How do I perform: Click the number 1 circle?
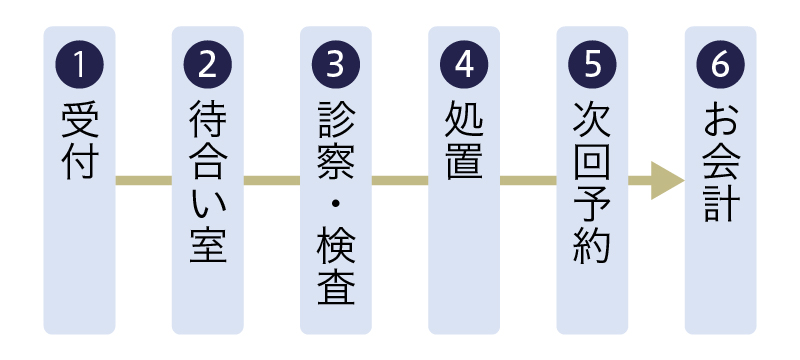[x=80, y=64]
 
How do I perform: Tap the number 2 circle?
[x=208, y=64]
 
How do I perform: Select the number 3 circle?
[x=336, y=64]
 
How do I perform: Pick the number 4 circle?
[x=464, y=64]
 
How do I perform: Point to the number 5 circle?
[x=592, y=64]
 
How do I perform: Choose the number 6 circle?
[x=720, y=64]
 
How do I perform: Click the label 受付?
[x=80, y=141]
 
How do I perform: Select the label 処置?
[x=464, y=141]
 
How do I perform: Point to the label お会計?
[x=720, y=161]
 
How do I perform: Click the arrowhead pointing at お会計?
[x=666, y=181]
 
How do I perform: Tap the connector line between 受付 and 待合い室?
[x=144, y=181]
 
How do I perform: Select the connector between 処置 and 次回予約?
[x=528, y=181]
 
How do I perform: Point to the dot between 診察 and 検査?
[x=336, y=204]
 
